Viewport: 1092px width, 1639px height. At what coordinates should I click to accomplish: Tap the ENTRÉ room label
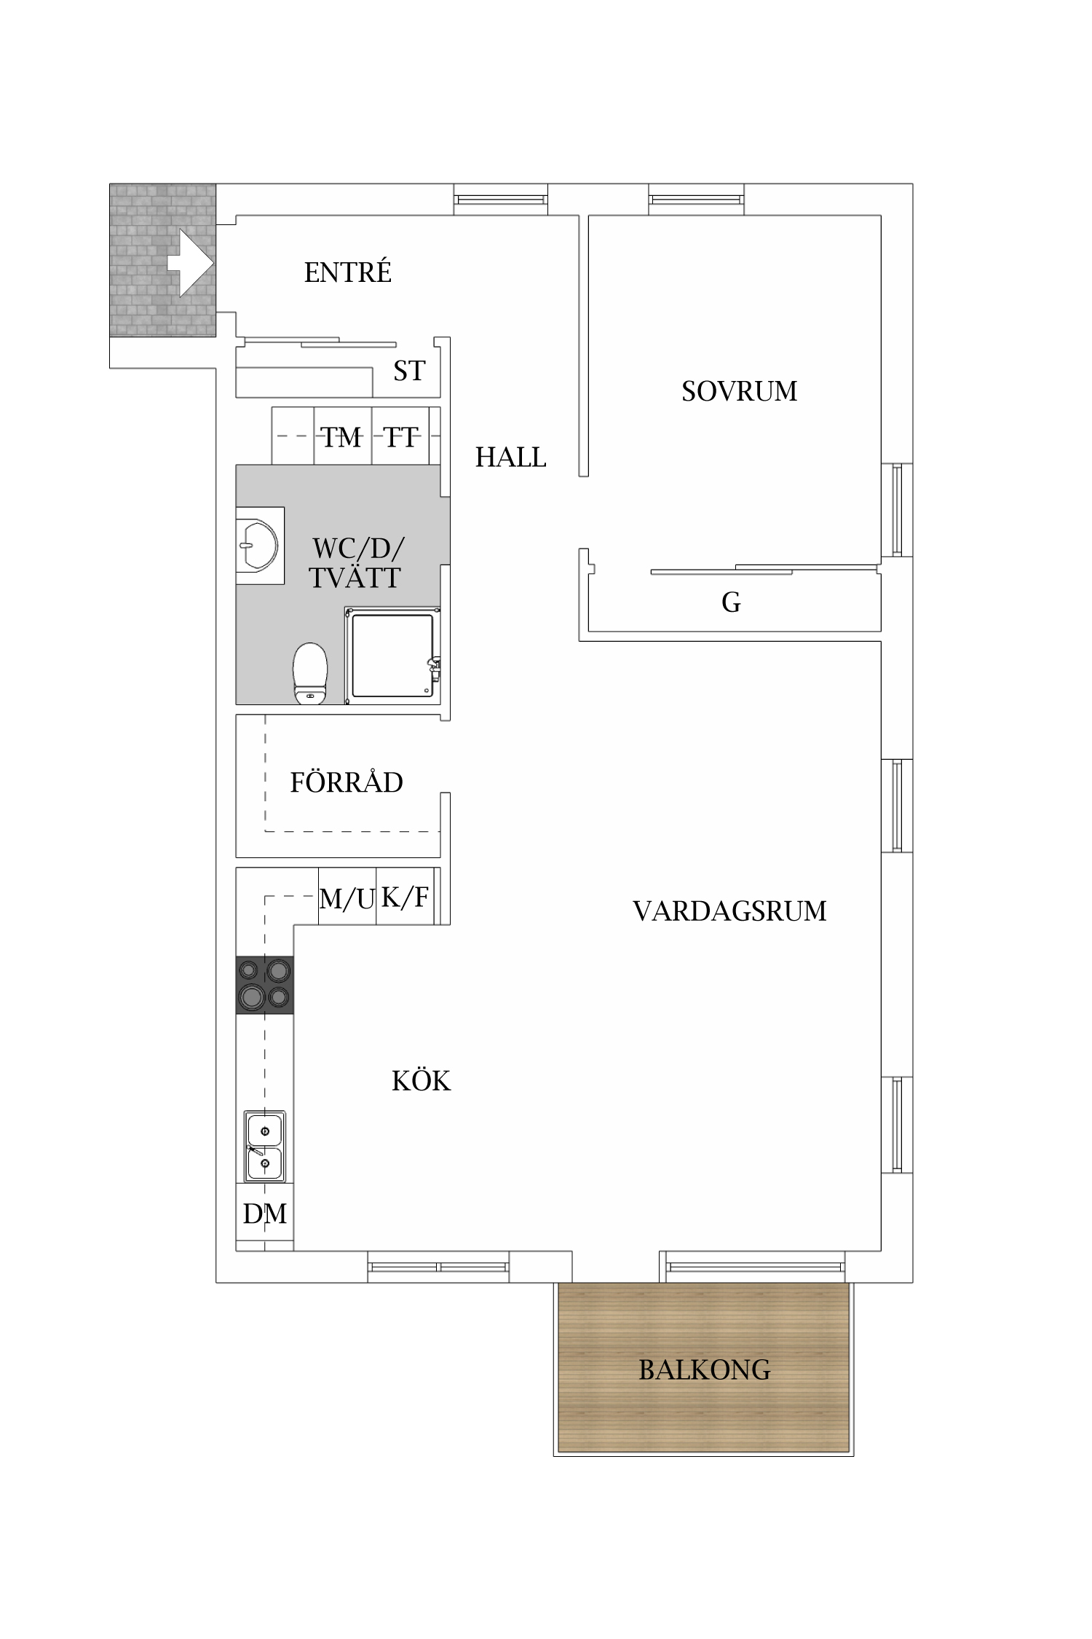click(x=347, y=273)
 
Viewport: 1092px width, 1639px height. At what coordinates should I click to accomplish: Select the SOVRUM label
click(x=739, y=392)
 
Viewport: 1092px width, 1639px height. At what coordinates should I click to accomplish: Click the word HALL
click(x=510, y=457)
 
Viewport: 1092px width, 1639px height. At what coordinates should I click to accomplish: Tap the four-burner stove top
click(x=265, y=984)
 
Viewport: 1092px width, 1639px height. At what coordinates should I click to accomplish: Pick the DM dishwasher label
click(x=264, y=1214)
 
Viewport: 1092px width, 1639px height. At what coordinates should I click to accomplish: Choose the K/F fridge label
click(x=405, y=897)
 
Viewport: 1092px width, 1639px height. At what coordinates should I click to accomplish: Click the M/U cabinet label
click(x=347, y=899)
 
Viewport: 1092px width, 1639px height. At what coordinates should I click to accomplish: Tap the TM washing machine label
click(x=341, y=438)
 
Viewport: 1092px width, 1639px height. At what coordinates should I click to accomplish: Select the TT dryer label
click(x=401, y=438)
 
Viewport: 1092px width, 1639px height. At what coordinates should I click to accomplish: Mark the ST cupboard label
click(x=408, y=372)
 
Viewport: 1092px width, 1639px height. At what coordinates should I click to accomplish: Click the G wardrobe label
click(x=731, y=602)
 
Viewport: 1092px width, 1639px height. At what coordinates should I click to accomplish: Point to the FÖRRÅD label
click(x=347, y=783)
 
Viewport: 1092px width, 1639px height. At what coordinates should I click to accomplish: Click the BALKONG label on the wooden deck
click(x=704, y=1370)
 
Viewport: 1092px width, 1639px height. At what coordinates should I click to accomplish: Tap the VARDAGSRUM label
click(x=729, y=911)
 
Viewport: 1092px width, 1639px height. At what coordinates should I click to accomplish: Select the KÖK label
click(x=421, y=1081)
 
